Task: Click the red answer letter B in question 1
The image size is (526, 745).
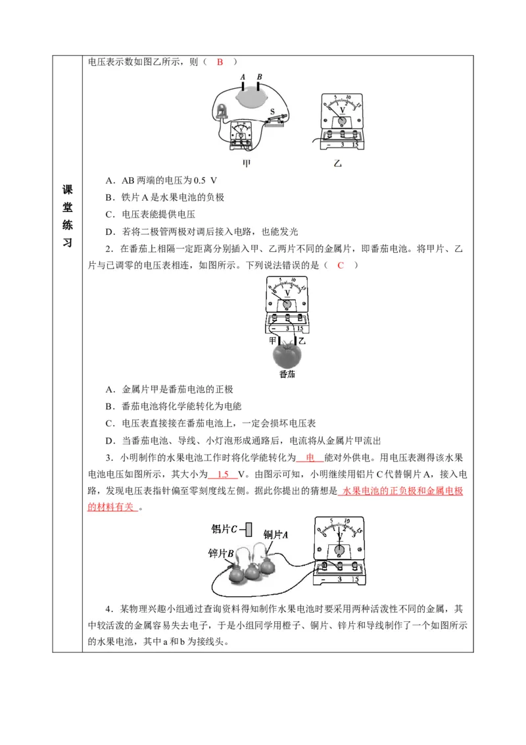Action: pos(220,62)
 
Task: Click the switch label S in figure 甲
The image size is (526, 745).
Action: pos(272,113)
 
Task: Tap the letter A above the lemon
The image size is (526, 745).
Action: pos(243,77)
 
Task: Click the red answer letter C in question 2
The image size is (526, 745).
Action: pos(341,265)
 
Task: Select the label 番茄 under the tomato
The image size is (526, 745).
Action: pos(287,374)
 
